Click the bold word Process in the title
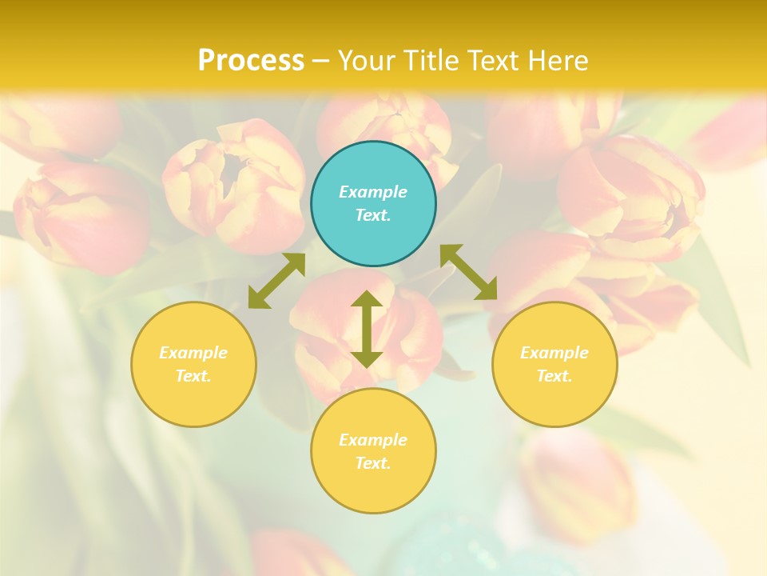tap(251, 61)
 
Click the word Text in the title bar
tap(495, 61)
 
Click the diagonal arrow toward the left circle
tap(276, 281)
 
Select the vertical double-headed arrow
tap(367, 329)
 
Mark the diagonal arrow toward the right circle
tap(469, 272)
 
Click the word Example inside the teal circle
tap(373, 192)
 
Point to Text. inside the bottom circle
tap(373, 463)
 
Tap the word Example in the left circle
tap(193, 353)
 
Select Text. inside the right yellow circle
tap(554, 376)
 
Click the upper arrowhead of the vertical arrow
tap(367, 301)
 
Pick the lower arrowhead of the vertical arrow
tap(367, 358)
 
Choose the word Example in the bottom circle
tap(373, 440)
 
